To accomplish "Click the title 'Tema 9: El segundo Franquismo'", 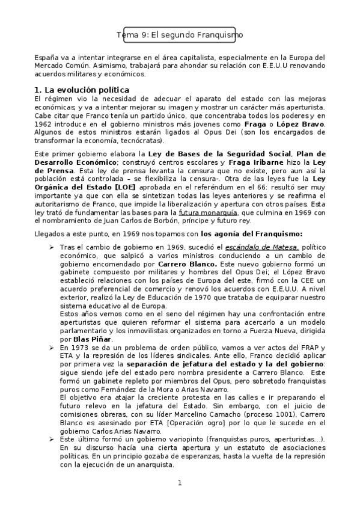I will click(x=180, y=35).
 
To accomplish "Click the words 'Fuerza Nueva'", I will click(x=269, y=331).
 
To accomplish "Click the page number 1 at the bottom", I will click(x=180, y=483).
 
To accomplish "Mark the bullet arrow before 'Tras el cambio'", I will click(x=52, y=247).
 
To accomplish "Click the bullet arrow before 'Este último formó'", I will click(x=52, y=440).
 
